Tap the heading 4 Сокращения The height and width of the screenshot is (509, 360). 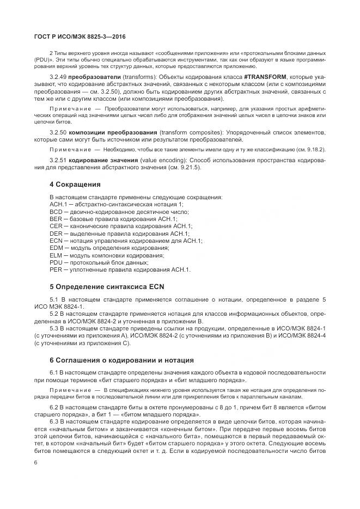coord(75,185)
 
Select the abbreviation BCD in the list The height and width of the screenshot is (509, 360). coord(55,211)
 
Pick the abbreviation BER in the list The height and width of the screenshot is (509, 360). coord(55,218)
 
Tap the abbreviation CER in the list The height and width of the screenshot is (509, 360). coord(55,226)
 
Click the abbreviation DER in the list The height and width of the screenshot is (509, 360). coord(55,233)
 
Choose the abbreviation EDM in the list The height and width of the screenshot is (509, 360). coord(56,248)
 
